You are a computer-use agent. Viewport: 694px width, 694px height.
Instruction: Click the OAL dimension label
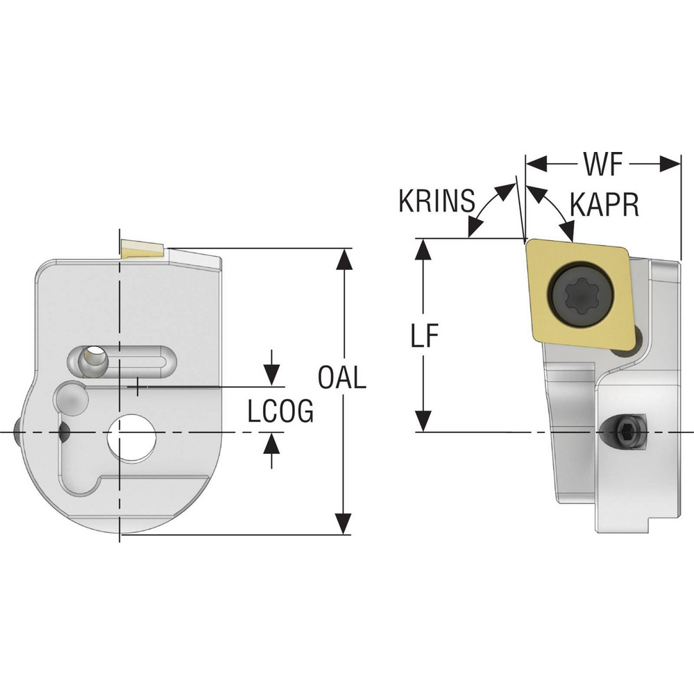coord(341,378)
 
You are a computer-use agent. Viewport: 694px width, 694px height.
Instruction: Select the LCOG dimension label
coord(281,411)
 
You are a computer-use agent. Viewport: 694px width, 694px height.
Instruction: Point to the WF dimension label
coord(601,166)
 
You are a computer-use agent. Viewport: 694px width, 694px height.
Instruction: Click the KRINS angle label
coord(437,201)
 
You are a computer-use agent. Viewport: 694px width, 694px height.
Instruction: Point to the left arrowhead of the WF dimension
coord(535,165)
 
